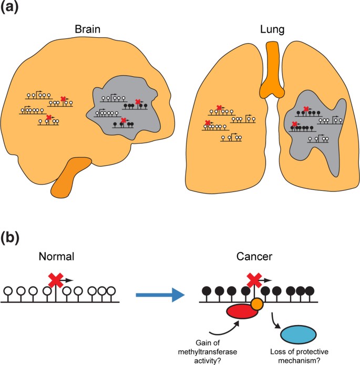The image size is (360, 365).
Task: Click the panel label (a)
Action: pos(12,9)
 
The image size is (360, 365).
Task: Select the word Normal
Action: pos(57,258)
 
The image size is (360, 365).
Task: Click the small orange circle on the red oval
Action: pos(257,304)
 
